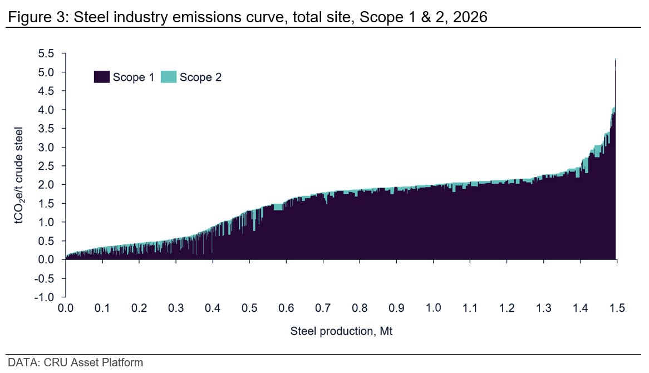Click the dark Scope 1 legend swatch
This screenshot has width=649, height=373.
coord(101,77)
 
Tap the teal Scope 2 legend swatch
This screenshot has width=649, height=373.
coord(169,77)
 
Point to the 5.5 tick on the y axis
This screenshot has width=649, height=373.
coord(46,53)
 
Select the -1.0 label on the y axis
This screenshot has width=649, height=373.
coord(45,297)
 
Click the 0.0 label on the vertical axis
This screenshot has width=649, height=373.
coord(46,259)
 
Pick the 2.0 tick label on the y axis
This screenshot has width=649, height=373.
coord(46,185)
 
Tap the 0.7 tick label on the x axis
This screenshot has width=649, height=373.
coord(323,308)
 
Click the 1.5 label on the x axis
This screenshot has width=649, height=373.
coord(617,308)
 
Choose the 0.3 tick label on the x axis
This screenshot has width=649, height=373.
coord(176,308)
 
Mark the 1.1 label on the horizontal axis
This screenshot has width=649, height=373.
coord(470,308)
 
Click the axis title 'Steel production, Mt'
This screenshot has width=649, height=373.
coord(341,331)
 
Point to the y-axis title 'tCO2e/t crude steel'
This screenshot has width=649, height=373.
coord(18,175)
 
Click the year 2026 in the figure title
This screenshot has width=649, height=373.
coord(470,17)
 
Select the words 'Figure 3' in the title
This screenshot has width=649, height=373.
coord(36,17)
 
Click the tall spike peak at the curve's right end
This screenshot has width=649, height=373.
coord(616,59)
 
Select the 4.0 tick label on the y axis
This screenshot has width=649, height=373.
coord(46,110)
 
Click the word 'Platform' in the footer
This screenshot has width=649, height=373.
coord(122,362)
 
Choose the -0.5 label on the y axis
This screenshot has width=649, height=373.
coord(45,278)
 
